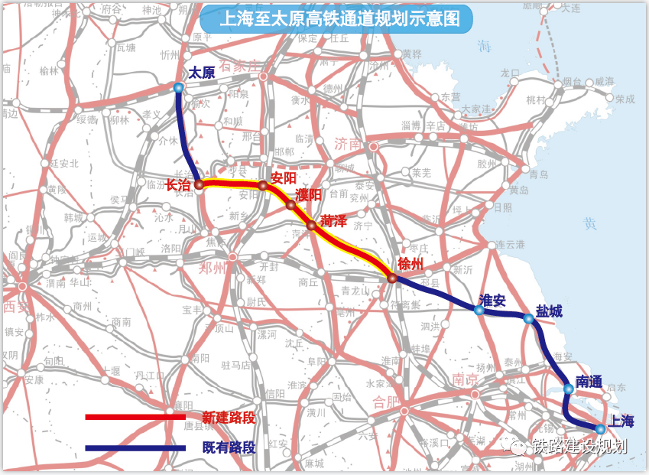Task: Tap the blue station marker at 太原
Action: coord(178,88)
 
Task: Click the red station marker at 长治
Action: coord(199,184)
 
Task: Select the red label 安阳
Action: coord(282,177)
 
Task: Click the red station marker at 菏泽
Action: coord(311,225)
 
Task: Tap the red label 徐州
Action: coord(410,263)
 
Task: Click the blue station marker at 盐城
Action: coord(527,317)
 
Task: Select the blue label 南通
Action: coord(589,380)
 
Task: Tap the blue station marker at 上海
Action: coord(601,429)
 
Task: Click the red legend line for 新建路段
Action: coord(135,417)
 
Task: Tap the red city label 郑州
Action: coord(213,268)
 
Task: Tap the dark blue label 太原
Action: coord(201,73)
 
